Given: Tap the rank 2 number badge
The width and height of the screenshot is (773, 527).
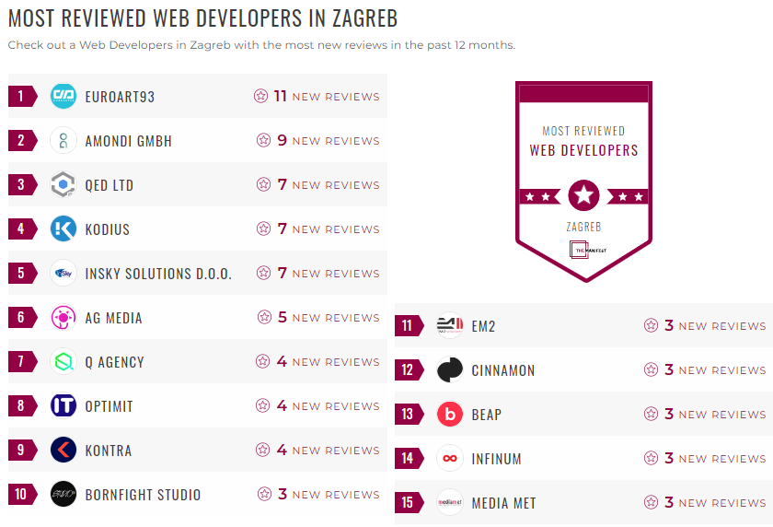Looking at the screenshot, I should (x=21, y=141).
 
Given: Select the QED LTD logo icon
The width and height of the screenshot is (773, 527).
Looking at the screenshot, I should (x=63, y=185).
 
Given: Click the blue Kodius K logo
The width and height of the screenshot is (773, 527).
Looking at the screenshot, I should (x=63, y=229).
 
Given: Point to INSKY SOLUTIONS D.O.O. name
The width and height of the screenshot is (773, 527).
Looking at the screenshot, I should (x=158, y=274).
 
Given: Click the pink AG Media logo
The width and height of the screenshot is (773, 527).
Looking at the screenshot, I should (x=63, y=318).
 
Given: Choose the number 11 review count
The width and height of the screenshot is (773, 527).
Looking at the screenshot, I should (x=281, y=96).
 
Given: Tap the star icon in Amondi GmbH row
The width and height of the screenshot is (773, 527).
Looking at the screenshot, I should (x=264, y=141).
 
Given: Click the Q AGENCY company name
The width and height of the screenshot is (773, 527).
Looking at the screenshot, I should (x=114, y=362).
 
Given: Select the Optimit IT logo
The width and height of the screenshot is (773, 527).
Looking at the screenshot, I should (x=63, y=406).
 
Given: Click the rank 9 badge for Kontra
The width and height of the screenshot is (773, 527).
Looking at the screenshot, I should (x=21, y=451).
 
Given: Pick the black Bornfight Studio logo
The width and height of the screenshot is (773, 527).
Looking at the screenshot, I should (x=63, y=495).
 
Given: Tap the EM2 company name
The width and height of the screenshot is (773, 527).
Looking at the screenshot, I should (x=483, y=326).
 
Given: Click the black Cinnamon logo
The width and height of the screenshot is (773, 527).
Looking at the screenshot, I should (x=450, y=370).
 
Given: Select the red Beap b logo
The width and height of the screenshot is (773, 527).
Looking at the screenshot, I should (x=450, y=415).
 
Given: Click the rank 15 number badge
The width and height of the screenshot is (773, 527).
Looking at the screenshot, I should (x=408, y=503).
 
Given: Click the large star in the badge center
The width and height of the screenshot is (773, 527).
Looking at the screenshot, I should (x=583, y=195).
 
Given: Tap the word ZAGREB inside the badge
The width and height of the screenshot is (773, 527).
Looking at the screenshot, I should (x=583, y=226).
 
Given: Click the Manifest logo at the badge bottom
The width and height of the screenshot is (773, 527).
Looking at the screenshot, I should (x=583, y=250).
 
